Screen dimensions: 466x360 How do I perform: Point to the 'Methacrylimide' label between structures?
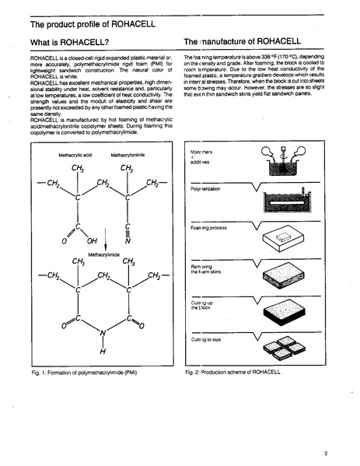(105, 254)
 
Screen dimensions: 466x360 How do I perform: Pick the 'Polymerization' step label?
(206, 188)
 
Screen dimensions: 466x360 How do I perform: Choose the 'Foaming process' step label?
(208, 228)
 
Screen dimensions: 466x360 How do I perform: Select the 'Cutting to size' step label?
(205, 339)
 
